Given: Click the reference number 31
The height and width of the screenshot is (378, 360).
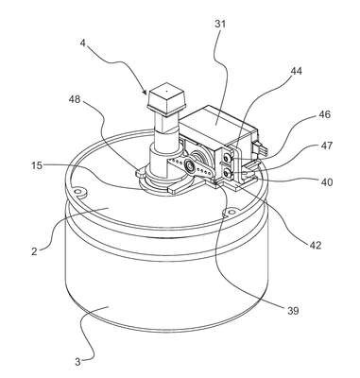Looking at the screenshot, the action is tap(220, 24).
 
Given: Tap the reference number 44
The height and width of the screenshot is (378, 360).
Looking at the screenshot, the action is tap(296, 71).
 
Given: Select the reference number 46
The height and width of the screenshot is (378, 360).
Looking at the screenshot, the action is tap(325, 114).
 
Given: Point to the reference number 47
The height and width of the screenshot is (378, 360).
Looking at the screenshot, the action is tap(326, 146).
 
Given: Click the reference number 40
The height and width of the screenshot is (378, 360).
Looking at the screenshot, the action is tap(327, 181).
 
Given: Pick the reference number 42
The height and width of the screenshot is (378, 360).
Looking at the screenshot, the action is tap(315, 245).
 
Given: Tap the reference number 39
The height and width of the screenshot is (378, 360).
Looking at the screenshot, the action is tap(293, 311).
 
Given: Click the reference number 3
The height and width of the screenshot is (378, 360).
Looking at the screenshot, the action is tap(77, 362).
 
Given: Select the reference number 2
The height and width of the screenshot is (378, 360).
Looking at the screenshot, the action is tap(35, 251).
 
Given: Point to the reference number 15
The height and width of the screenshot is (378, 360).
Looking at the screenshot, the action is tap(37, 165).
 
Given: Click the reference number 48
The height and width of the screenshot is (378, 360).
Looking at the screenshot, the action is tap(75, 99).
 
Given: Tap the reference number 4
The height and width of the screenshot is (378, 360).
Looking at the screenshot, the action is tap(82, 43).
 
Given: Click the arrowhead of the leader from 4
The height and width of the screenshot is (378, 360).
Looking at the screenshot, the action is tap(145, 92).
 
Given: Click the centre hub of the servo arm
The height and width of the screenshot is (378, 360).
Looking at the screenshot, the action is tap(190, 164).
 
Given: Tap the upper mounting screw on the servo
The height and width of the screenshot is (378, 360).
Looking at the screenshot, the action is tap(227, 159).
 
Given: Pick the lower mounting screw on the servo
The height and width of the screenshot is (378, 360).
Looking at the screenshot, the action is tap(227, 173).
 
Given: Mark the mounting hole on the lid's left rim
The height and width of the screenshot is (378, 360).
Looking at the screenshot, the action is tap(78, 192).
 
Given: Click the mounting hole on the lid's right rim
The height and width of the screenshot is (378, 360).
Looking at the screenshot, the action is tap(231, 212).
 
